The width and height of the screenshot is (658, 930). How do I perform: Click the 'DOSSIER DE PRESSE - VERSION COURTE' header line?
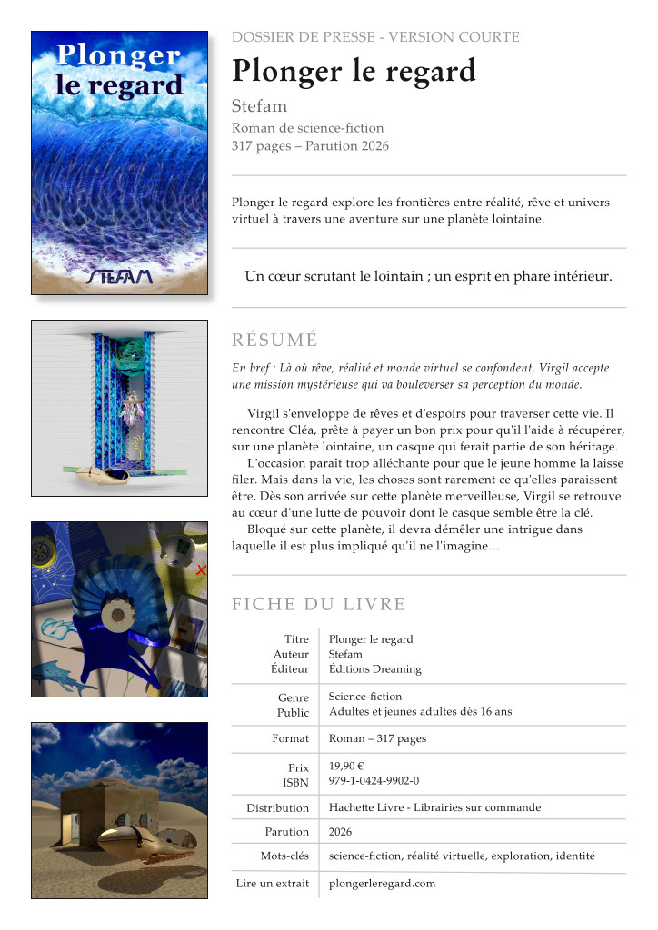click(375, 37)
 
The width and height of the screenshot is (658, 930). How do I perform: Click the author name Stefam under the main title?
click(259, 106)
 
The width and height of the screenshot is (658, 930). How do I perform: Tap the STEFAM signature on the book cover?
click(119, 276)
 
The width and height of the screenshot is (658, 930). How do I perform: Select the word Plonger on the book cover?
click(119, 54)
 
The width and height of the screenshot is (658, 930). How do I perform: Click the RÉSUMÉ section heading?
click(274, 341)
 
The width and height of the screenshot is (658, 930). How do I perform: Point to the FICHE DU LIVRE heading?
click(318, 605)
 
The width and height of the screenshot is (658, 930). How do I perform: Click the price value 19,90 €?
click(346, 766)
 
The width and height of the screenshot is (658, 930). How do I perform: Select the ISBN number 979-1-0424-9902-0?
click(374, 781)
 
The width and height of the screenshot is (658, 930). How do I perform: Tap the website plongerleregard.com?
click(382, 883)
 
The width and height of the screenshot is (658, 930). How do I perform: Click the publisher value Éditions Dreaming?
click(374, 669)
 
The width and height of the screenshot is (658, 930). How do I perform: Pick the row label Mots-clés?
click(284, 856)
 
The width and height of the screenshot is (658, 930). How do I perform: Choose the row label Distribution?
click(277, 807)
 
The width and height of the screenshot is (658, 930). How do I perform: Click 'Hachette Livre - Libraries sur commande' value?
click(434, 807)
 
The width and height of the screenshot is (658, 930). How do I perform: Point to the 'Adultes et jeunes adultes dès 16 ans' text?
click(420, 711)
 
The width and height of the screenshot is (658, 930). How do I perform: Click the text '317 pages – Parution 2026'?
click(310, 146)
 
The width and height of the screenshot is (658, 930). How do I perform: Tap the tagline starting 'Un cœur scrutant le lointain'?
click(428, 276)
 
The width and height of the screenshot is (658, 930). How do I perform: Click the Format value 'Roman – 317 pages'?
click(377, 738)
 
